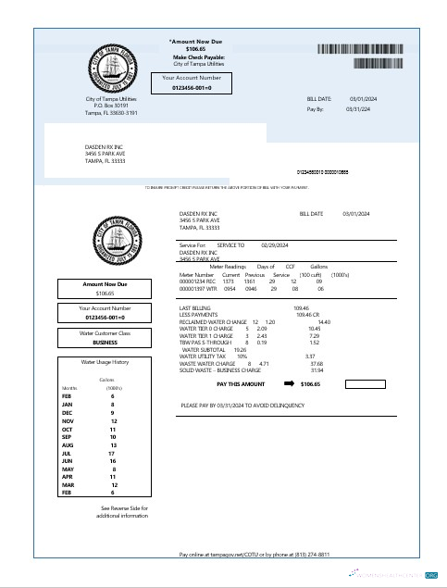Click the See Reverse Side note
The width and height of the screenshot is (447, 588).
click(124, 511)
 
